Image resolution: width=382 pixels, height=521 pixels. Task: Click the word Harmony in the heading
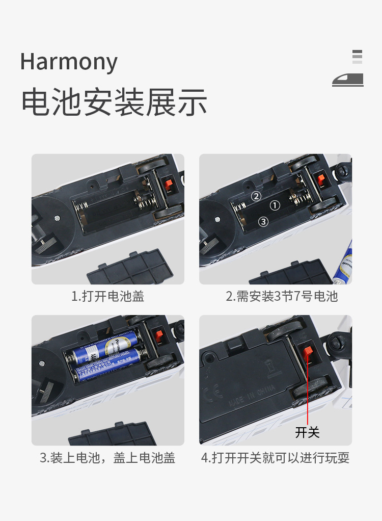coord(69,62)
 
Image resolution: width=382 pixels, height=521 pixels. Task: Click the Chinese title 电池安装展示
coord(114,102)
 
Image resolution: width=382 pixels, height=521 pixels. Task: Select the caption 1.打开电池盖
coord(107,296)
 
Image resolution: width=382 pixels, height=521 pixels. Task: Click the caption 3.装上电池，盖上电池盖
coord(107,458)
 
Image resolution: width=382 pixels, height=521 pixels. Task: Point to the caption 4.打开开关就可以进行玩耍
coord(275,458)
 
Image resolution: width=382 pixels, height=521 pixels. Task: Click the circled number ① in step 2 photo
coord(275,206)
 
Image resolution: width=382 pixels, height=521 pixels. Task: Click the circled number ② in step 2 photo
coord(256,196)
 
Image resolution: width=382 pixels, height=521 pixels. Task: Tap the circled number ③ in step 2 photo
coord(263,222)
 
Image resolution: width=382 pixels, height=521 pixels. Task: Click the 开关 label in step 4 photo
coord(307,432)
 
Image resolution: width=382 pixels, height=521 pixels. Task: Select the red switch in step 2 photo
coord(321,180)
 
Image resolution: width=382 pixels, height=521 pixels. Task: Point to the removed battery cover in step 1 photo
coord(133,268)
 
